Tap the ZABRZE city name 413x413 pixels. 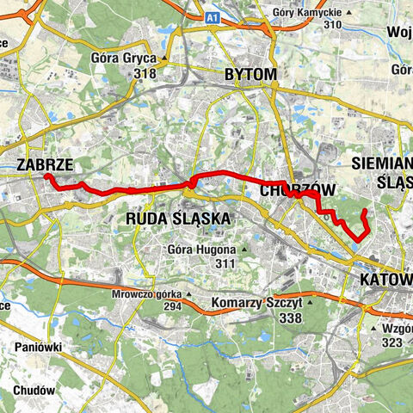[x=43, y=164]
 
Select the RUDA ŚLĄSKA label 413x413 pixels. [x=178, y=219]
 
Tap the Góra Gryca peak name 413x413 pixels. [x=123, y=59]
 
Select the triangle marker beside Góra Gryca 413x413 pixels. [x=163, y=59]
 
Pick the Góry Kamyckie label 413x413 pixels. [x=305, y=13]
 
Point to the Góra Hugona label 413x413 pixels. [x=200, y=250]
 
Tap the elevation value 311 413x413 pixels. [x=225, y=263]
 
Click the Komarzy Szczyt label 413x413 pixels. [x=256, y=304]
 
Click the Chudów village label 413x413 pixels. [x=35, y=390]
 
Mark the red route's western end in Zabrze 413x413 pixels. [x=46, y=176]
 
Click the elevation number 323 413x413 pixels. [x=391, y=342]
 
